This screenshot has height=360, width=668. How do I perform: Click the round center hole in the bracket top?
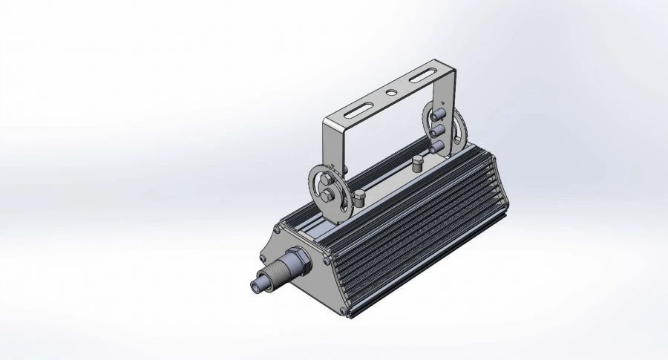390,94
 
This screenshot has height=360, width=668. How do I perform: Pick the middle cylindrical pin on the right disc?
438,129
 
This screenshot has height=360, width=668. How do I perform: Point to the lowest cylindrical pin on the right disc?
439,145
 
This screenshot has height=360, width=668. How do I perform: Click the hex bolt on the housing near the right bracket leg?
417,163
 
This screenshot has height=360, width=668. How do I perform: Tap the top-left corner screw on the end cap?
280,226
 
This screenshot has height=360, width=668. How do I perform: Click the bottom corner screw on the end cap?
341,312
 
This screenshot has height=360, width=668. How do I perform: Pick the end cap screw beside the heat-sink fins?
327,261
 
